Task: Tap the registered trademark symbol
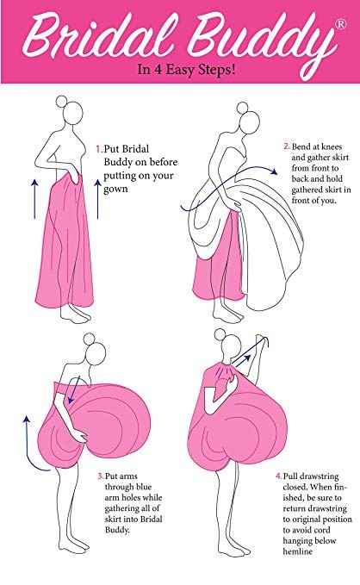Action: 340,24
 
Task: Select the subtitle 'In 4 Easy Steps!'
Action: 186,70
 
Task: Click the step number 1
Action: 99,149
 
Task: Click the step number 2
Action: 287,146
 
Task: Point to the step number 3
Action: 101,476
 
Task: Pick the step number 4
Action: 279,476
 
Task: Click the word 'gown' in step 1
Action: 115,190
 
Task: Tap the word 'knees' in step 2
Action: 332,146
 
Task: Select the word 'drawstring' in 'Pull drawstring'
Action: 320,476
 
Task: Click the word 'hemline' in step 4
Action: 297,551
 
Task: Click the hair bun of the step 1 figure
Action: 61,101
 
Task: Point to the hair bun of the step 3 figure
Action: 90,339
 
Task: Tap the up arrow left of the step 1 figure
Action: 34,198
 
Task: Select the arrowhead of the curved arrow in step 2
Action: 274,171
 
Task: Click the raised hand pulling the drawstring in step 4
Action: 262,340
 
